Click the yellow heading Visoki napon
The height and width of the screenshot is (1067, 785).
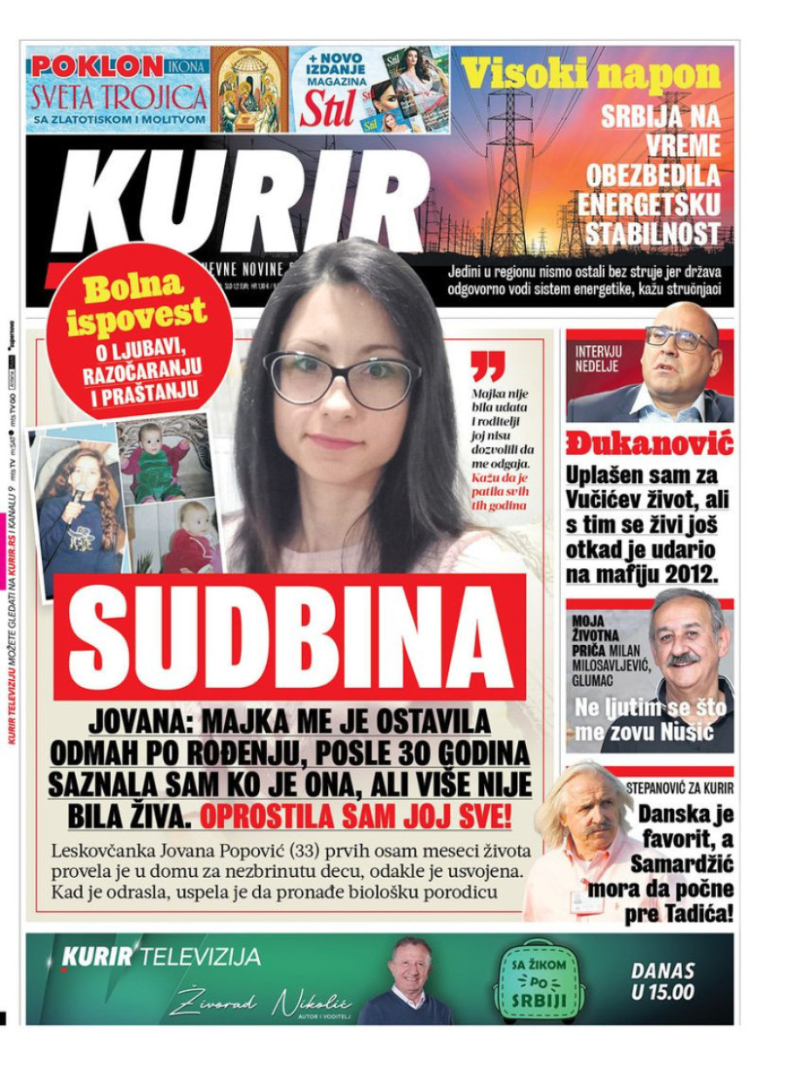(x=591, y=75)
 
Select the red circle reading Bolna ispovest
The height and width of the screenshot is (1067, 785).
(x=140, y=332)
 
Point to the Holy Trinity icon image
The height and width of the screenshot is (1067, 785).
(x=249, y=90)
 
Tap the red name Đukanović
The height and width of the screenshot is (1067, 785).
(x=649, y=444)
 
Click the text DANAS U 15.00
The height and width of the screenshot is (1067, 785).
(x=663, y=981)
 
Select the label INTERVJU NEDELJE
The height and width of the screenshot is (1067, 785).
(x=597, y=358)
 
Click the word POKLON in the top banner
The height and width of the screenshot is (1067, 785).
(x=96, y=66)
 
